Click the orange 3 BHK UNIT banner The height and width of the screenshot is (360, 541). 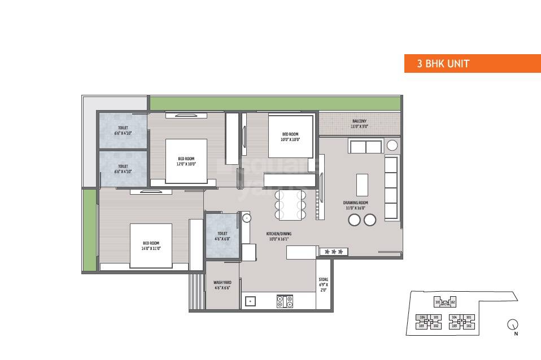(x=472, y=64)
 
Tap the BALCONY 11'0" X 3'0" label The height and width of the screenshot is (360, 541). (x=360, y=124)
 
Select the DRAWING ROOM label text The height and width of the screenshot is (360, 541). (x=356, y=205)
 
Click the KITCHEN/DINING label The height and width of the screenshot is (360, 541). (x=278, y=236)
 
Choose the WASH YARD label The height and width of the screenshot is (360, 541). (x=221, y=286)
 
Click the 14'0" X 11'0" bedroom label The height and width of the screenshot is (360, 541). (x=151, y=245)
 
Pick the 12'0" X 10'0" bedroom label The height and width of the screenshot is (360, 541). (x=186, y=161)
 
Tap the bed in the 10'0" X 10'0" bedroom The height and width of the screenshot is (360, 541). (x=290, y=137)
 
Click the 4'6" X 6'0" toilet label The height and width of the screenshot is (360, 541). (x=222, y=236)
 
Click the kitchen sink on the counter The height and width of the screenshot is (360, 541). (x=250, y=302)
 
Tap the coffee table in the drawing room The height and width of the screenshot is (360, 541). (x=362, y=185)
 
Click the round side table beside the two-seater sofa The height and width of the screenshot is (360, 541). (x=392, y=146)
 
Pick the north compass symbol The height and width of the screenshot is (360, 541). (x=513, y=324)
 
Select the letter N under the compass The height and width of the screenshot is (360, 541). (x=516, y=334)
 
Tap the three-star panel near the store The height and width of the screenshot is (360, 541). (x=333, y=251)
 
